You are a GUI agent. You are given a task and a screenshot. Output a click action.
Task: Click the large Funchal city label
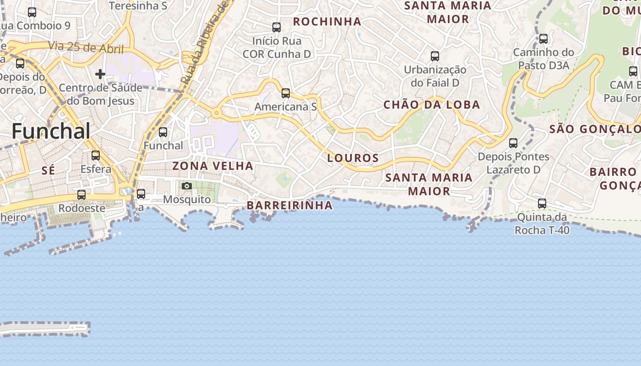pos(51,131)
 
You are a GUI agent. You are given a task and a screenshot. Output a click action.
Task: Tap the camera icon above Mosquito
pos(186,186)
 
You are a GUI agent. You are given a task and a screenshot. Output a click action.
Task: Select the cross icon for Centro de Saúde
pos(100,74)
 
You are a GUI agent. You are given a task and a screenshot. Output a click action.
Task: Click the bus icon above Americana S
pos(286,93)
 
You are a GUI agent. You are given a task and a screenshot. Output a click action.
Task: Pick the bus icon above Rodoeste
pos(81,195)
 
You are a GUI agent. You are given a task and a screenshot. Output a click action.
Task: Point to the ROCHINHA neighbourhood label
pos(327,22)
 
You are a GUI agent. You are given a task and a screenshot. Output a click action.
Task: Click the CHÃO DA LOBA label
pos(431,105)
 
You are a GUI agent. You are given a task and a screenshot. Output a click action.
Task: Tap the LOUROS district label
pos(353,158)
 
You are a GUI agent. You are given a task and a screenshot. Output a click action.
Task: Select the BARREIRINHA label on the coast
pos(290,205)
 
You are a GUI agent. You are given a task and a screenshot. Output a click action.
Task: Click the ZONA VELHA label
pos(213,166)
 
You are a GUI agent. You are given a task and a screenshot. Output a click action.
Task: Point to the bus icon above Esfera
pos(96,156)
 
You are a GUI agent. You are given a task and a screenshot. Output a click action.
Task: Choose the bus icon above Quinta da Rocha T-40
pos(542,204)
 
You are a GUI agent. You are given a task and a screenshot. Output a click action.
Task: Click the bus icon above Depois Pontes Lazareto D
pos(513,143)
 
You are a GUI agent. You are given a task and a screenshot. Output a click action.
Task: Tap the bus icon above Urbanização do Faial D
pos(435,56)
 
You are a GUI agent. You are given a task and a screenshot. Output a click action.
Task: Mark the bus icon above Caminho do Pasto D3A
pos(543,39)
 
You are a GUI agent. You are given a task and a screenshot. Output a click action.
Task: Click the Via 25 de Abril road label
pos(79,47)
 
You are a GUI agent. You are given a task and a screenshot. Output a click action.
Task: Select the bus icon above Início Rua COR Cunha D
pos(276,27)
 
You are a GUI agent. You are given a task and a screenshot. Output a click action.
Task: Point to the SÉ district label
pos(48,171)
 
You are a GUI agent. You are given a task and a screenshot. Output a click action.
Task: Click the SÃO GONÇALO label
pos(594,129)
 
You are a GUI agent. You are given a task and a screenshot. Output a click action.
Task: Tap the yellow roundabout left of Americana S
pos(216,113)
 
